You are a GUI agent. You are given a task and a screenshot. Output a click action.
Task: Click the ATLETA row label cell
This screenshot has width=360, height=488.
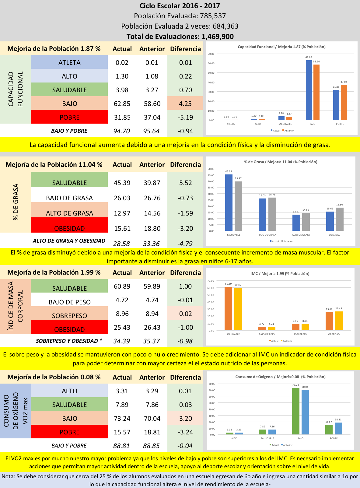tap(69, 62)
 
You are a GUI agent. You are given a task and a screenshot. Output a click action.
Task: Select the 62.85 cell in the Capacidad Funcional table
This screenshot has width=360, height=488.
tap(122, 104)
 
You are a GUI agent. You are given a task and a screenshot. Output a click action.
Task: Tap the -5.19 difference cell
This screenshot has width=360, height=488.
tap(185, 117)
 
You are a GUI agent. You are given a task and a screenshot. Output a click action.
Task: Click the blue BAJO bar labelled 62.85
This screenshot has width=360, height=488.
tap(309, 90)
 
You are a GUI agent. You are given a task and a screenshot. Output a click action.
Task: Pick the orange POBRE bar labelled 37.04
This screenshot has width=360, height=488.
tap(344, 102)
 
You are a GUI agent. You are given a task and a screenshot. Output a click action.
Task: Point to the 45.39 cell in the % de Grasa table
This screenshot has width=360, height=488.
tap(122, 183)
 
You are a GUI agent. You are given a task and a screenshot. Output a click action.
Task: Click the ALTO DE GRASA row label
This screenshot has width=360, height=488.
tap(69, 213)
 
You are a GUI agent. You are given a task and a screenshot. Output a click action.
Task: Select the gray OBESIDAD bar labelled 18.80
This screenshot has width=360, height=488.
tap(340, 219)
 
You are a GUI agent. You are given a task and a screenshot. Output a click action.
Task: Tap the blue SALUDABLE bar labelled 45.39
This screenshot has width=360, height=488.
tap(229, 202)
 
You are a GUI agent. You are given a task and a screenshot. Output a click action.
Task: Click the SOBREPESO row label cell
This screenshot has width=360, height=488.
tap(69, 316)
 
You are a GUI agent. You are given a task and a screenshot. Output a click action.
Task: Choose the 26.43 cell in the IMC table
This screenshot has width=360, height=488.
tap(152, 327)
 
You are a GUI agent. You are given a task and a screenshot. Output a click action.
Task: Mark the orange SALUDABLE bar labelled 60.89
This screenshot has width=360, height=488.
tap(228, 308)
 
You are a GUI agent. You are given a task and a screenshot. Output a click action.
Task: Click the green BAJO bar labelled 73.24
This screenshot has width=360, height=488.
tap(295, 411)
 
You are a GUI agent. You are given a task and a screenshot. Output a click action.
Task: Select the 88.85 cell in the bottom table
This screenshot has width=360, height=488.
tap(151, 446)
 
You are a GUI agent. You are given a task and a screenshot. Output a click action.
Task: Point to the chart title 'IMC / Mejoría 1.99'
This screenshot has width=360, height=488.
tap(280, 273)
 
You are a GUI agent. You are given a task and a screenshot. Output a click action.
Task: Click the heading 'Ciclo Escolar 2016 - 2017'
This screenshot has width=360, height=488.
tap(180, 6)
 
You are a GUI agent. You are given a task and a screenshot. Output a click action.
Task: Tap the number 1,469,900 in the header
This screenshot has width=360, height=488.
tap(218, 37)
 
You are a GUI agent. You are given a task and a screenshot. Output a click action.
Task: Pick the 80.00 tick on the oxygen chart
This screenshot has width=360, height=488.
tap(212, 384)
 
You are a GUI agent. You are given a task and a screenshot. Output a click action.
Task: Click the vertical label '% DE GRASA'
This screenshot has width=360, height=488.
tap(16, 202)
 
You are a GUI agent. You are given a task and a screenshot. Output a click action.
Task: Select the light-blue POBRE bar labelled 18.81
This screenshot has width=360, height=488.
tap(338, 428)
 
